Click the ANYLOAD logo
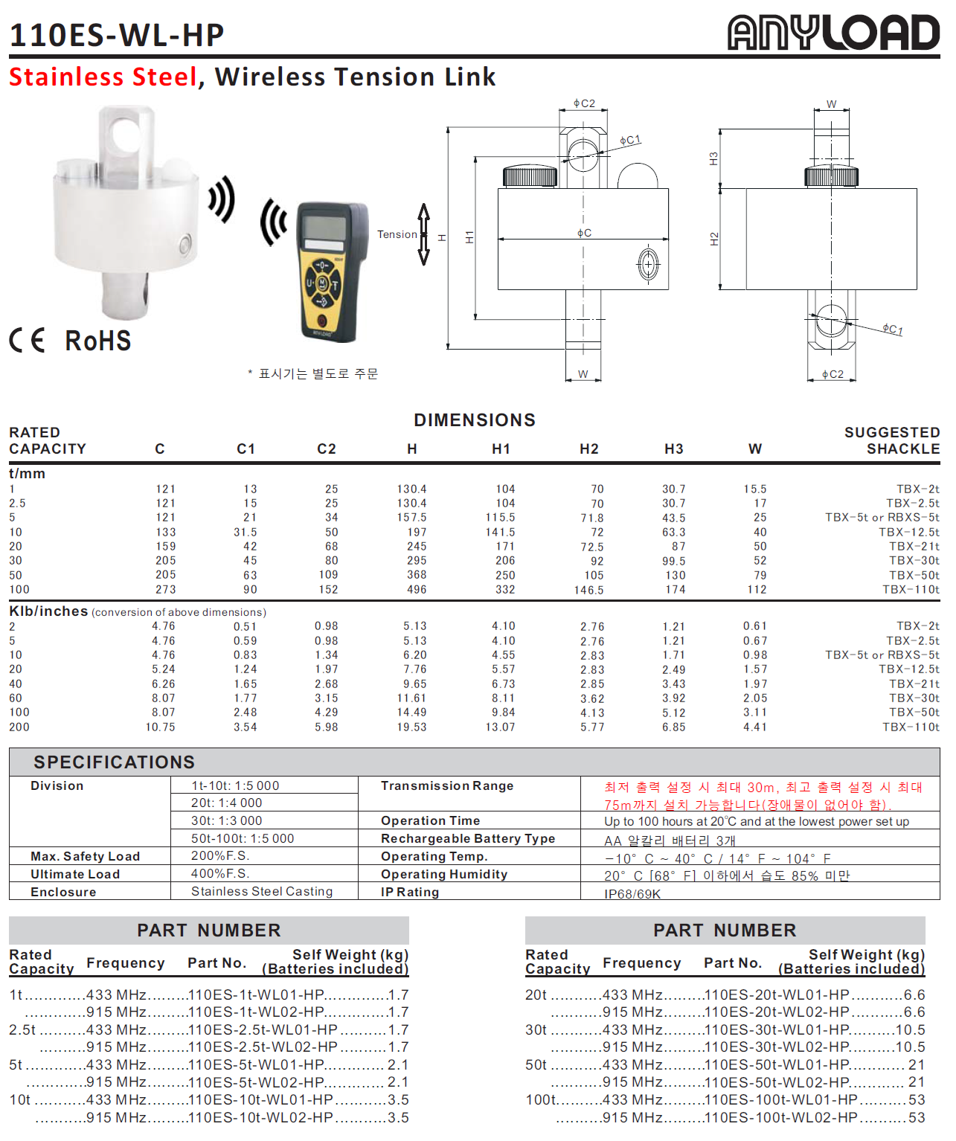pyautogui.click(x=833, y=33)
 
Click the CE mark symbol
pyautogui.click(x=28, y=340)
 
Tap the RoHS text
pyautogui.click(x=98, y=341)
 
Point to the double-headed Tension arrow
pyautogui.click(x=424, y=234)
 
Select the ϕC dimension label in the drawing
pyautogui.click(x=584, y=233)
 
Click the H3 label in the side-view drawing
pyautogui.click(x=713, y=158)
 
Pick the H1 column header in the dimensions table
pyautogui.click(x=501, y=449)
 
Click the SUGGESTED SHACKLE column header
pyautogui.click(x=892, y=440)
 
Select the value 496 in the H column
pyautogui.click(x=417, y=589)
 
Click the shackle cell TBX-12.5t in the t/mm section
pyautogui.click(x=908, y=532)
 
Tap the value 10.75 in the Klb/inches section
pyautogui.click(x=161, y=727)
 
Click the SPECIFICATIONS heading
pyautogui.click(x=114, y=762)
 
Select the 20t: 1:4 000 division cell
pyautogui.click(x=227, y=803)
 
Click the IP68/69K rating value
pyautogui.click(x=632, y=893)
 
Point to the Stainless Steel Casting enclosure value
pyautogui.click(x=262, y=891)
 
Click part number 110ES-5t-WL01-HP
pyautogui.click(x=256, y=1064)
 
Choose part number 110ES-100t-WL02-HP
pyautogui.click(x=780, y=1117)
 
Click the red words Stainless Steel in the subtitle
pyautogui.click(x=103, y=77)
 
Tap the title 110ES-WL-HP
pyautogui.click(x=117, y=35)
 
